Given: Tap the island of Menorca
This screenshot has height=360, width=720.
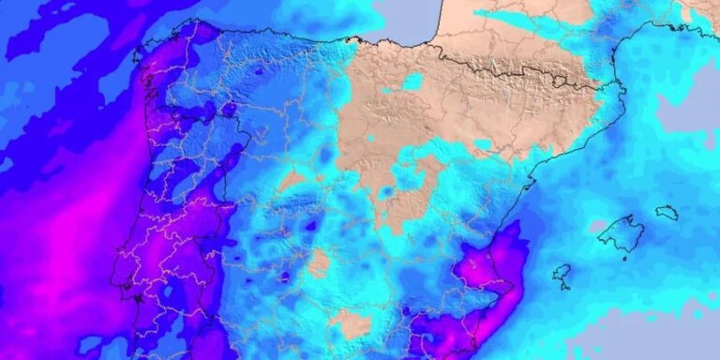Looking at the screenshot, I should click(x=667, y=213).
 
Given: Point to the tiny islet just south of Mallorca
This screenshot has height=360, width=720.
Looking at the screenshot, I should click(x=626, y=259).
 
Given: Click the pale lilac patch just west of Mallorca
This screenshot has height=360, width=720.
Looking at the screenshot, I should click(x=596, y=225).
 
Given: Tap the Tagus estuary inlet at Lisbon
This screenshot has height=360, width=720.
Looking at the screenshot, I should click(x=137, y=298).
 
